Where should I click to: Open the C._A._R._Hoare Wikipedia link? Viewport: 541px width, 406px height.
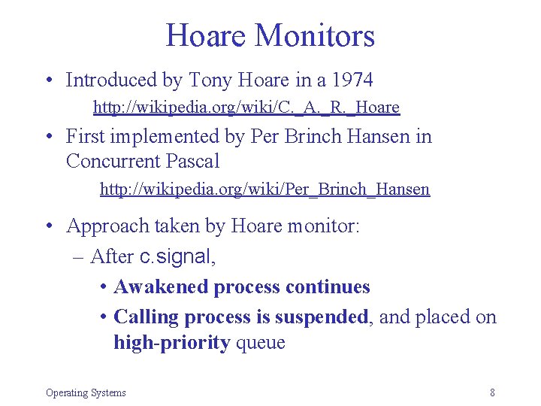point(246,108)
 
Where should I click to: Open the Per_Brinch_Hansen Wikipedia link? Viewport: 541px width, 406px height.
point(264,189)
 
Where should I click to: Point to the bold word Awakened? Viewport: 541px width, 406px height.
point(161,286)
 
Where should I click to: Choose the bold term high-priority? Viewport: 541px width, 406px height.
point(171,342)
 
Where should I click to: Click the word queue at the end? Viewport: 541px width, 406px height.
point(261,343)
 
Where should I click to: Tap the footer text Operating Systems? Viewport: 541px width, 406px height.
point(86,392)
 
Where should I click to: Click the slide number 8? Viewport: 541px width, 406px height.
point(491,392)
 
